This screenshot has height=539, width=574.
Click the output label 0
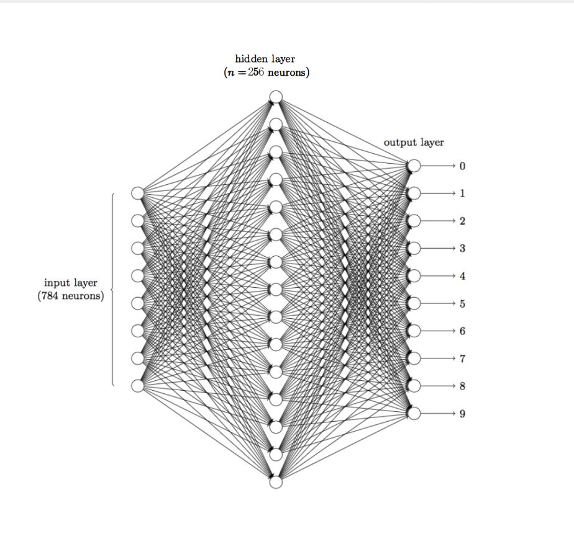pos(462,166)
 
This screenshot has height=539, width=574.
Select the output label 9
pos(462,414)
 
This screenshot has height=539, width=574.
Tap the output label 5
pos(462,304)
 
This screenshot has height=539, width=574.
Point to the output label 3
pos(462,249)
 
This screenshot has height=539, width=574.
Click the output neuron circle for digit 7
pos(414,359)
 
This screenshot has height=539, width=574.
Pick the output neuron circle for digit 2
pos(414,221)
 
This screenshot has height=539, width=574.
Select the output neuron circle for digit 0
pos(414,166)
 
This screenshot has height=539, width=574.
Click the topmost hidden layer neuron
pos(276,97)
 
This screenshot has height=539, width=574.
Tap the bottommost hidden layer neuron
pos(276,482)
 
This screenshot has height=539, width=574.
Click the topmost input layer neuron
pos(138,194)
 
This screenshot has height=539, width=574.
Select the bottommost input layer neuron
pos(138,386)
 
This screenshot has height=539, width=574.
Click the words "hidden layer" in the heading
pos(265,59)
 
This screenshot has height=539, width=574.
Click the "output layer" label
pos(414,143)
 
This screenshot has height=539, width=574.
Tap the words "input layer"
pos(71,283)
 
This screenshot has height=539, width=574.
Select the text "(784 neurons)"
pos(71,296)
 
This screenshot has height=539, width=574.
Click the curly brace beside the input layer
pos(112,290)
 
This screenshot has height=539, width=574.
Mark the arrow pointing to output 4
pos(440,276)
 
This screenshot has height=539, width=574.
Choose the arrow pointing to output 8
pos(440,386)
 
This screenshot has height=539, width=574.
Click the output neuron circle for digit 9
pos(414,414)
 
